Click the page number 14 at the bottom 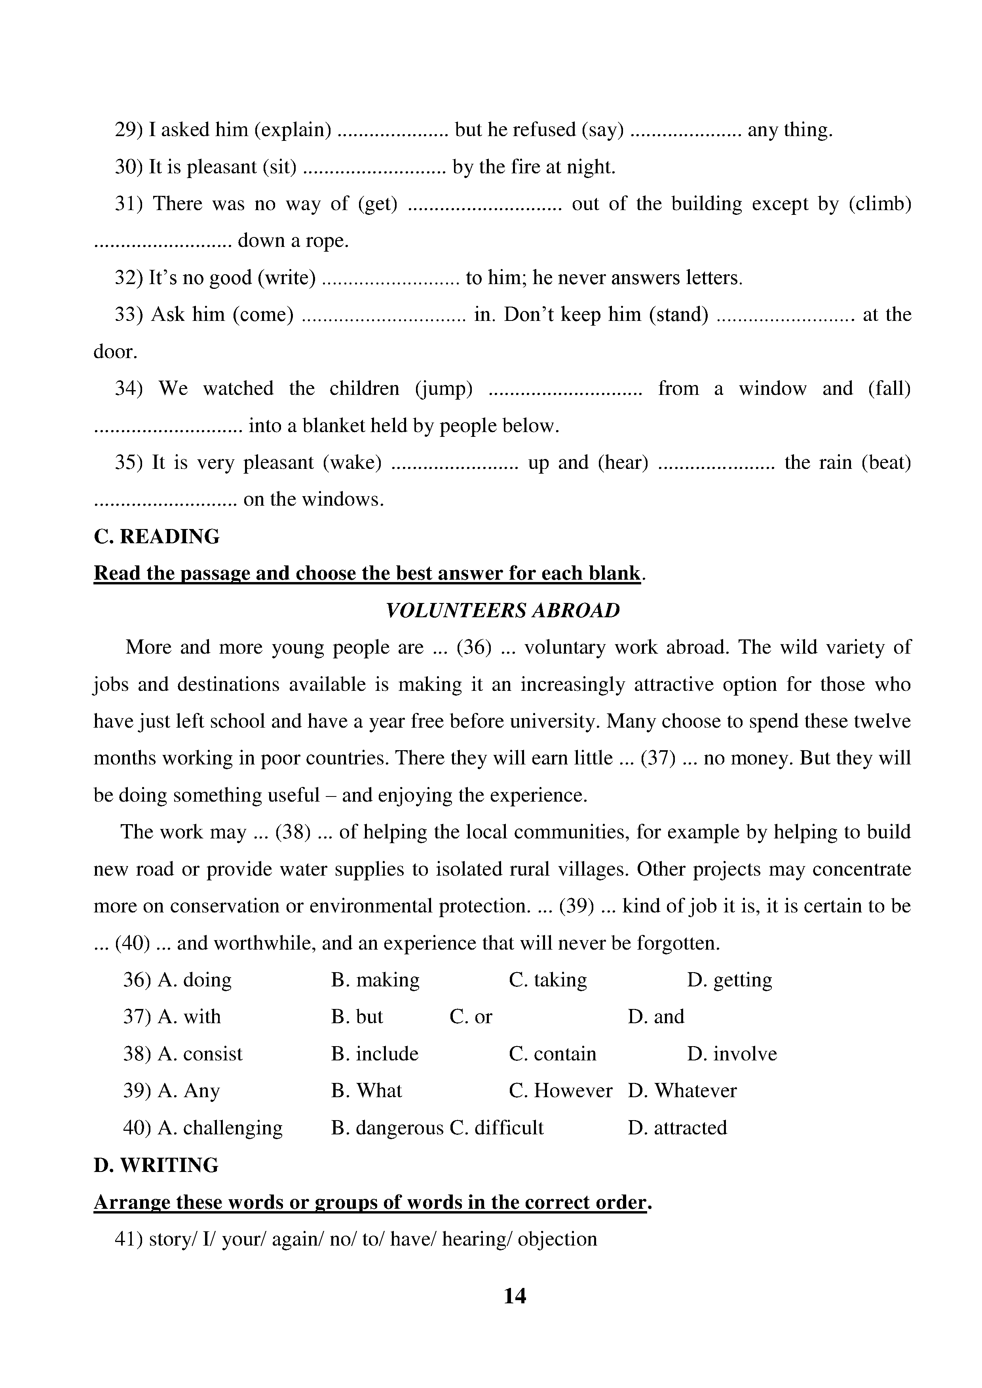point(515,1295)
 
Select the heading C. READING point(157,536)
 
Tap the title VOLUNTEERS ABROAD point(503,610)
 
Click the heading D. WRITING point(156,1165)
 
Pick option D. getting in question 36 point(729,980)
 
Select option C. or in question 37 point(471,1017)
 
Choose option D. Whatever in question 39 point(682,1090)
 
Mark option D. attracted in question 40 point(677,1127)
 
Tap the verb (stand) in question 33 point(678,315)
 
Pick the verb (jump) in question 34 point(444,389)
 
